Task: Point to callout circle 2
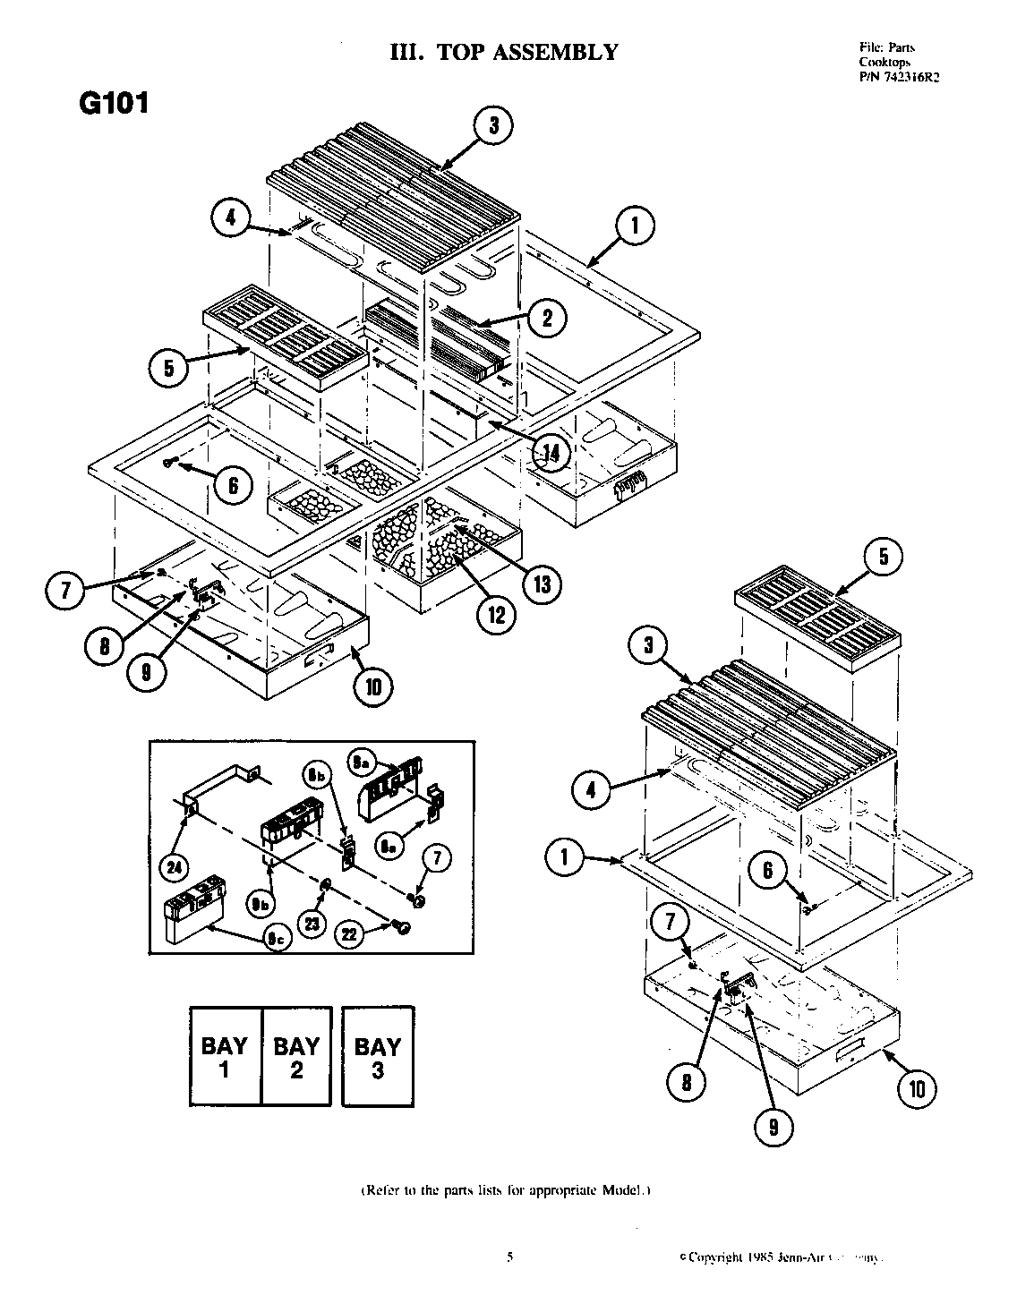click(546, 316)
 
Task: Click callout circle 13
click(542, 584)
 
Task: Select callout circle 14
click(549, 454)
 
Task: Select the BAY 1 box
click(224, 1057)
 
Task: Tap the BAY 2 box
click(296, 1057)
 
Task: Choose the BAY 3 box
click(377, 1057)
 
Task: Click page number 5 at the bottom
click(510, 1257)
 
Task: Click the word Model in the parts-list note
click(621, 1191)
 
